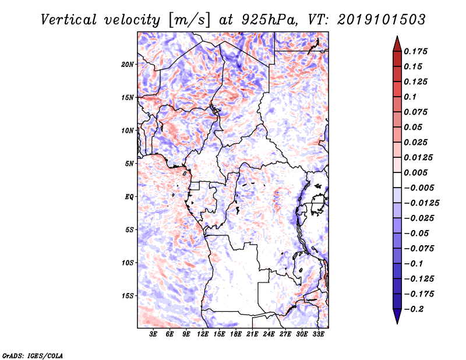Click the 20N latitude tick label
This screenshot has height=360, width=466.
tap(128, 65)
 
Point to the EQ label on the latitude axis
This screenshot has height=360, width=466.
tap(129, 197)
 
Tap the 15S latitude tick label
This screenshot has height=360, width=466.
tap(128, 296)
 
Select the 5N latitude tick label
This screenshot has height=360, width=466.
tap(129, 164)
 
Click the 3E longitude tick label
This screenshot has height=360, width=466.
tap(153, 334)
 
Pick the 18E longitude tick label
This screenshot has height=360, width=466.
tap(236, 334)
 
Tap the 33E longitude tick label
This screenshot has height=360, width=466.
tap(318, 334)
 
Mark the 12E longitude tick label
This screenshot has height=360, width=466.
tap(203, 334)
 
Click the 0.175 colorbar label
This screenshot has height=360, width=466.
tap(415, 51)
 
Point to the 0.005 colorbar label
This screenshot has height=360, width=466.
tap(415, 172)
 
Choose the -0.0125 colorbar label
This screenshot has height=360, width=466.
tap(421, 203)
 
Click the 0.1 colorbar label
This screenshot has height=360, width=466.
tap(410, 97)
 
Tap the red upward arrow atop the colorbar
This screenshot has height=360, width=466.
tap(397, 44)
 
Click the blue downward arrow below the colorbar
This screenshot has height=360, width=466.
tap(397, 316)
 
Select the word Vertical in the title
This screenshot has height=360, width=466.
tap(69, 20)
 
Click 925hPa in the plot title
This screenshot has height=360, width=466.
tap(269, 20)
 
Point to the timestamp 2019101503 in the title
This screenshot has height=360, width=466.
tap(382, 20)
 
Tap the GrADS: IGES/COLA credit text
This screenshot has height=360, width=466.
tap(33, 355)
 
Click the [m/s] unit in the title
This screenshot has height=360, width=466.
tap(190, 20)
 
